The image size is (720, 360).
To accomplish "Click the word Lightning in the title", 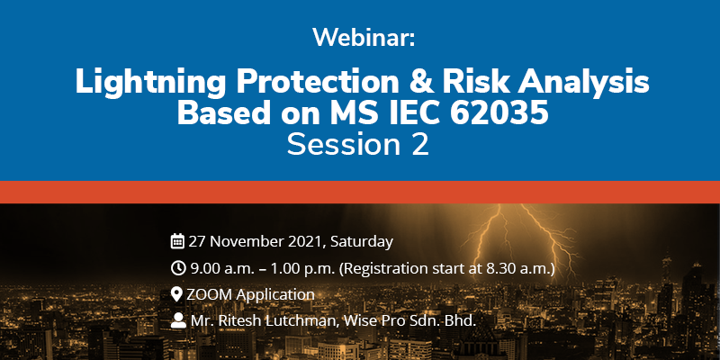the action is tap(150, 82).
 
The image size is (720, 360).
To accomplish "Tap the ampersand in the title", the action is tap(420, 82).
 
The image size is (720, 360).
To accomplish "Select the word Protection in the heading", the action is tap(318, 82).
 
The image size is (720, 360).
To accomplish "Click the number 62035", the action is tap(499, 113).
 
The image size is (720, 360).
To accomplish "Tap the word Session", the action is tap(343, 144).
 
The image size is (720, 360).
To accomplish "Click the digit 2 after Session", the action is tap(419, 144).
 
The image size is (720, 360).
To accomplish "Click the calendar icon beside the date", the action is tap(177, 241).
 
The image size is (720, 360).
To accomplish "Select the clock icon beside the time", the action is tap(177, 267).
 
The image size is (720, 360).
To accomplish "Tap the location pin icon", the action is tap(176, 294).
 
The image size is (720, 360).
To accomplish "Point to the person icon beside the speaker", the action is tap(177, 320).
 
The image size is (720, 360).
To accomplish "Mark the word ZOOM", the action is tap(210, 294).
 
